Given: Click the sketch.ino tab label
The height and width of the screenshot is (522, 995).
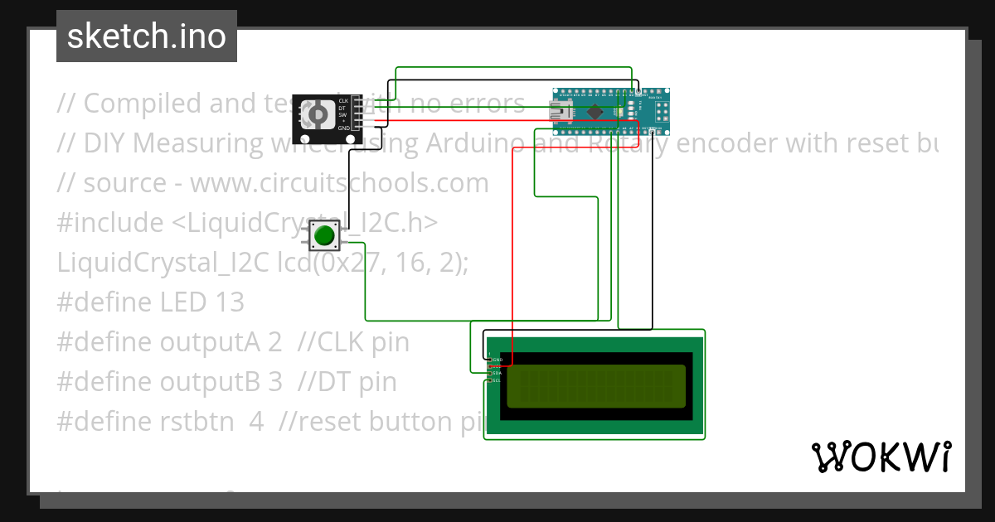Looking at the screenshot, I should [146, 36].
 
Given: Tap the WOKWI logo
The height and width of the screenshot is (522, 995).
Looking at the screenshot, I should [881, 457].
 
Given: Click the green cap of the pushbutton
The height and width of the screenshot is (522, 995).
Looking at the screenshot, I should [323, 236].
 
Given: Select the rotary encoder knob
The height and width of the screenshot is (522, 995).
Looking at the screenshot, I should [316, 114].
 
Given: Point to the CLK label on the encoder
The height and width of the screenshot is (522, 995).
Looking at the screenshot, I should [342, 101].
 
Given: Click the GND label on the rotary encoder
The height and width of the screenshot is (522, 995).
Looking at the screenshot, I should [342, 128].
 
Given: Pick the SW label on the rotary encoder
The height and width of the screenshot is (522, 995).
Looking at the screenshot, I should [342, 114].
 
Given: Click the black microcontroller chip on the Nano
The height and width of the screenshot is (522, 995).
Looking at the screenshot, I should [595, 111].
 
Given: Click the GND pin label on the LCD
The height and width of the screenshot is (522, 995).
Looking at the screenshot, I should [498, 360].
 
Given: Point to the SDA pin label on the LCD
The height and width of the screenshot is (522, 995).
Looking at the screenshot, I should [498, 374].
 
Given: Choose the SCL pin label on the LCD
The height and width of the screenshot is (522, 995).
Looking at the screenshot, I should [498, 380].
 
